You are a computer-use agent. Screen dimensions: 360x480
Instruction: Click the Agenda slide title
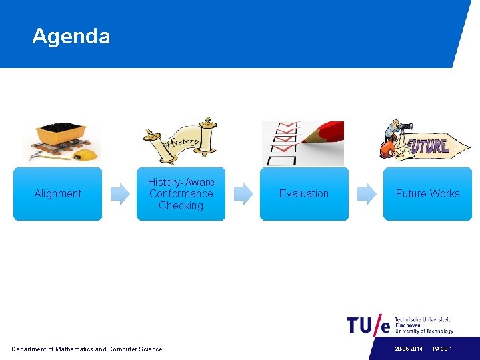pos(71,36)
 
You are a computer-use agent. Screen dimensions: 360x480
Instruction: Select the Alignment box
pos(58,193)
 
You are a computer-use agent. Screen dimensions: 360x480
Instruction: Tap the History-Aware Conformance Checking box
pos(181,193)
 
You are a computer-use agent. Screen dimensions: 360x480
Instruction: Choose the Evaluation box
pos(304,193)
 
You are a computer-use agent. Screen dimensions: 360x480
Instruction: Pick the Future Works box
pos(427,193)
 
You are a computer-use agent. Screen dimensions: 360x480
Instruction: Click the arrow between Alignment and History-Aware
pos(120,193)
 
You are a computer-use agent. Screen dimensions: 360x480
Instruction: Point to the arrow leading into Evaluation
pos(243,193)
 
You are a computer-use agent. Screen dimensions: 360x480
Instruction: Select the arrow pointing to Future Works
pos(367,193)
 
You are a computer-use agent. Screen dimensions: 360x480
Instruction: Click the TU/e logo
pos(368,325)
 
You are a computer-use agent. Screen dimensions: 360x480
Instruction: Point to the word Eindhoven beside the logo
pos(408,325)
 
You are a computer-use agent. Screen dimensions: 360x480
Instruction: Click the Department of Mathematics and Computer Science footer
pos(87,349)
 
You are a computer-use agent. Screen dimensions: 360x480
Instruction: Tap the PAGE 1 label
pos(442,349)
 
